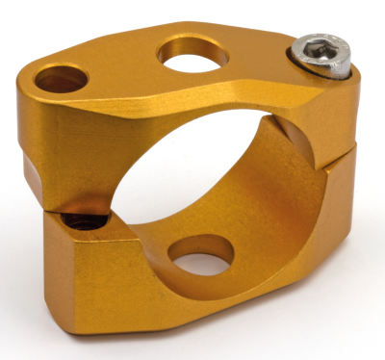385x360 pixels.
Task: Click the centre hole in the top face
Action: click(192, 52)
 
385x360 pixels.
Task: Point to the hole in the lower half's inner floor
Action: click(200, 256)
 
